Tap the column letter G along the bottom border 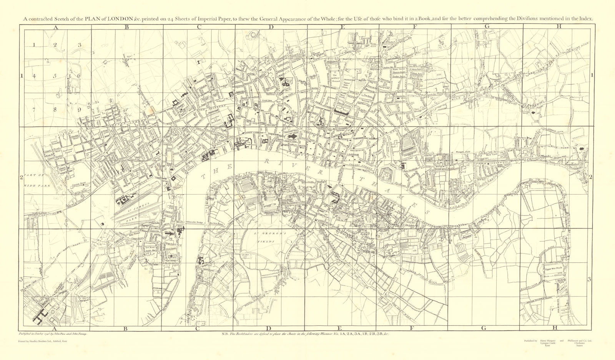tap(484, 328)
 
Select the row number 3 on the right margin tap(588, 279)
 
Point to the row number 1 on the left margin tap(22, 76)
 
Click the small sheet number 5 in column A tap(55, 76)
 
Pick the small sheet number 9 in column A tap(79, 109)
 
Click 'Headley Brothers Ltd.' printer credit tap(42, 341)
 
